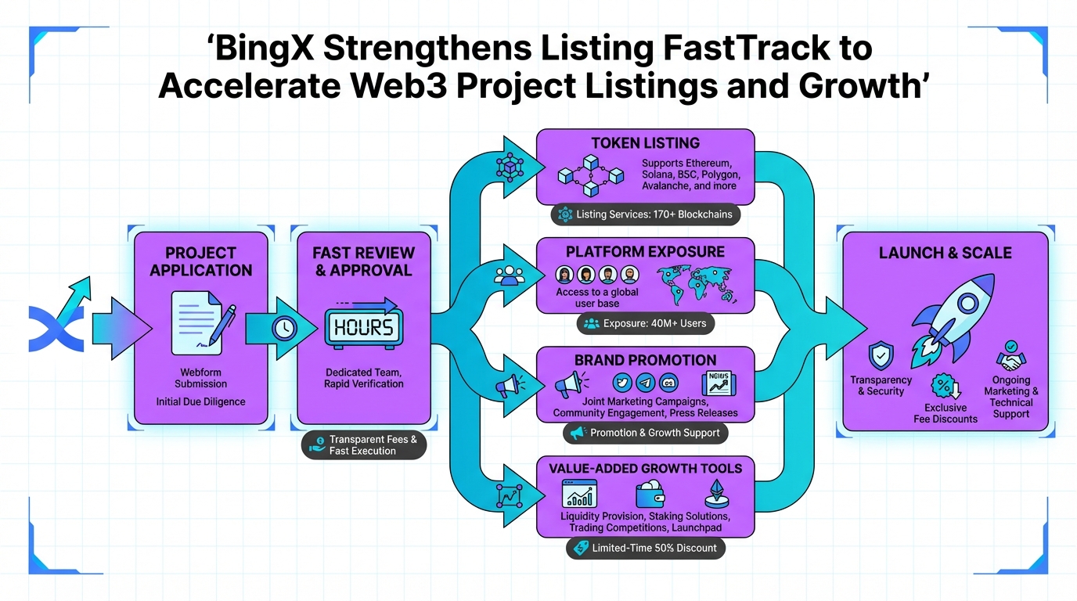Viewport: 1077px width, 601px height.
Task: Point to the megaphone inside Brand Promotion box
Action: pyautogui.click(x=568, y=384)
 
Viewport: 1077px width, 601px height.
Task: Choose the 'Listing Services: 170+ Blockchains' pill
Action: pyautogui.click(x=646, y=214)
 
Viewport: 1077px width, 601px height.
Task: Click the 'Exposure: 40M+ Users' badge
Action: pyautogui.click(x=646, y=323)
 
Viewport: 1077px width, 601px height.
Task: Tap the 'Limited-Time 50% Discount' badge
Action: pyautogui.click(x=646, y=548)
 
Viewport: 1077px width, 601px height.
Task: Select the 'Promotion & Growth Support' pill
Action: pyautogui.click(x=646, y=433)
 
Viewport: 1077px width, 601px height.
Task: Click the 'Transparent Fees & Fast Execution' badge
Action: pyautogui.click(x=364, y=445)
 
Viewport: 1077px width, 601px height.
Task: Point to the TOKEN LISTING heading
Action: pyautogui.click(x=646, y=143)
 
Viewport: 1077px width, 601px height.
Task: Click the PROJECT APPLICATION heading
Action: pyautogui.click(x=201, y=261)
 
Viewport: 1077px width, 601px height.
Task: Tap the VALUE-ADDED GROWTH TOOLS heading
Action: pyautogui.click(x=646, y=469)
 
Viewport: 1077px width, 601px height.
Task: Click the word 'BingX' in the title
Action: pyautogui.click(x=262, y=49)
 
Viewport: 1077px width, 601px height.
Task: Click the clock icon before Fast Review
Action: pyautogui.click(x=285, y=328)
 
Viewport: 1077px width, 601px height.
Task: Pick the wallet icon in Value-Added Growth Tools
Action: pyautogui.click(x=649, y=495)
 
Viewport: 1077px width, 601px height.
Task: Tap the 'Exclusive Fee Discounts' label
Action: pyautogui.click(x=946, y=413)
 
